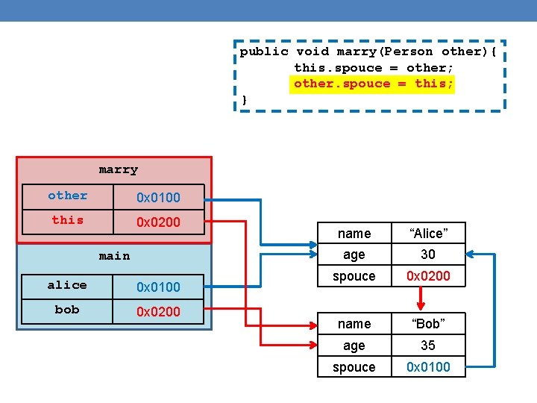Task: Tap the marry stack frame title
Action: (119, 170)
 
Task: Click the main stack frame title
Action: (114, 256)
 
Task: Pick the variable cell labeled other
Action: (67, 196)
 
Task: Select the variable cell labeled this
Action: (67, 221)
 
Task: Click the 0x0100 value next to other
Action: (158, 198)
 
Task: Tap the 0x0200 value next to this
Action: (158, 222)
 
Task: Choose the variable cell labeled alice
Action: (67, 285)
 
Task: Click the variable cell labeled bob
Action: (67, 310)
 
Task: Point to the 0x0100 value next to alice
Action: (158, 287)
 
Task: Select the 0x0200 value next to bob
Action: (158, 311)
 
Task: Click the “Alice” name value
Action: (428, 234)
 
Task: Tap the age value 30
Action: (428, 254)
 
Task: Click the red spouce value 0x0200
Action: (428, 276)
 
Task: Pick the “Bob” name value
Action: (428, 324)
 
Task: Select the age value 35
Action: (428, 346)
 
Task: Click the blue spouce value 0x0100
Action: (428, 367)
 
